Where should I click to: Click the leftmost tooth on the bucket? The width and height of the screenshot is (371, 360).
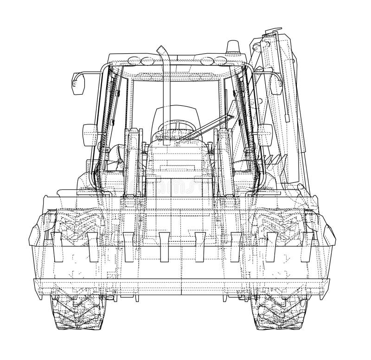[x=57, y=246]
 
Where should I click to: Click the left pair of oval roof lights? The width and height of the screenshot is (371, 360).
[x=141, y=60]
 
